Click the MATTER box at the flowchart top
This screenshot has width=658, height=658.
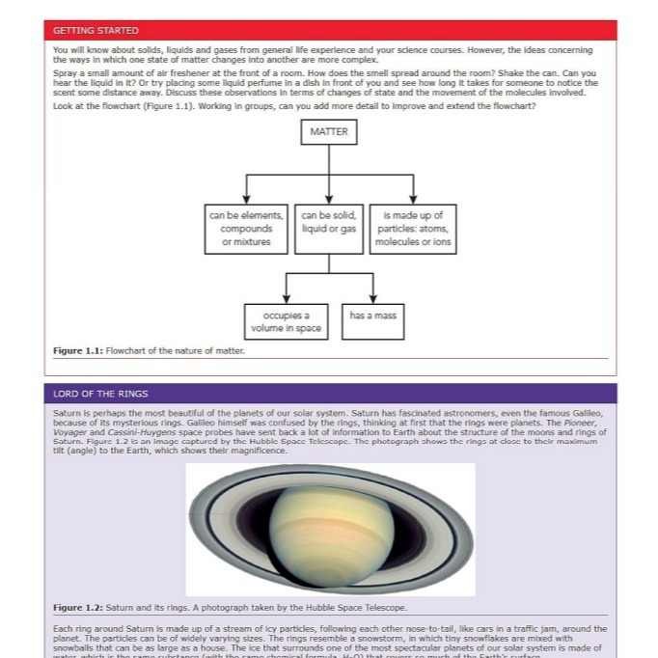(329, 131)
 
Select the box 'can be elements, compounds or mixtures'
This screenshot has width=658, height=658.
(245, 229)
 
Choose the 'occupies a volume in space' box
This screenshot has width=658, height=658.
(286, 321)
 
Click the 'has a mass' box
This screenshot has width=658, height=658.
(372, 315)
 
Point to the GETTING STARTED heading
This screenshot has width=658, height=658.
(96, 31)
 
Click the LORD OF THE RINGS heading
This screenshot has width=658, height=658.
(101, 394)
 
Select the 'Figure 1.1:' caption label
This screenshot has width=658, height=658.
(76, 350)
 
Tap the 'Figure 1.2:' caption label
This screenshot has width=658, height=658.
(76, 608)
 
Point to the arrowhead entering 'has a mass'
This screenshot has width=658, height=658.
(372, 298)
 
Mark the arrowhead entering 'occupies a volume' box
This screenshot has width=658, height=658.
(286, 298)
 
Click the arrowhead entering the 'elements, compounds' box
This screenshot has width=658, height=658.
(245, 198)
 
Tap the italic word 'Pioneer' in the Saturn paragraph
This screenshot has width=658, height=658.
(586, 423)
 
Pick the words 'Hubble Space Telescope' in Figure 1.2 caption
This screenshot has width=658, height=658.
(358, 608)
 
